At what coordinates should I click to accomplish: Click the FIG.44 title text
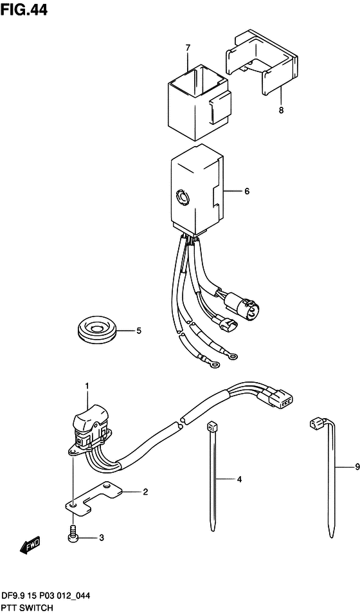tap(24, 10)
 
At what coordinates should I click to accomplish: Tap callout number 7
tap(188, 48)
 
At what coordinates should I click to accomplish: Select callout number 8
tap(281, 110)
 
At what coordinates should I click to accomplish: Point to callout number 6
tap(246, 192)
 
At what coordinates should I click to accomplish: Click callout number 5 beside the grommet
tap(139, 331)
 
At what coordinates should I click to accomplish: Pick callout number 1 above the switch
tap(87, 387)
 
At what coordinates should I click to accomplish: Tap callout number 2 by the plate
tap(145, 492)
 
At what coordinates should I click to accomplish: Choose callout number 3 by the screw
tap(102, 538)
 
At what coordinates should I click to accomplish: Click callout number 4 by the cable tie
tap(239, 479)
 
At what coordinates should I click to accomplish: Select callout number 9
tap(357, 467)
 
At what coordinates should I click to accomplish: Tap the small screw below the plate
tap(73, 534)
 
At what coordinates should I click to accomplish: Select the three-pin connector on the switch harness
tap(283, 399)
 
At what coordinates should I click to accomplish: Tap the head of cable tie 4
tap(212, 426)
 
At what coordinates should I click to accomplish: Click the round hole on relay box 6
tap(183, 196)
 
